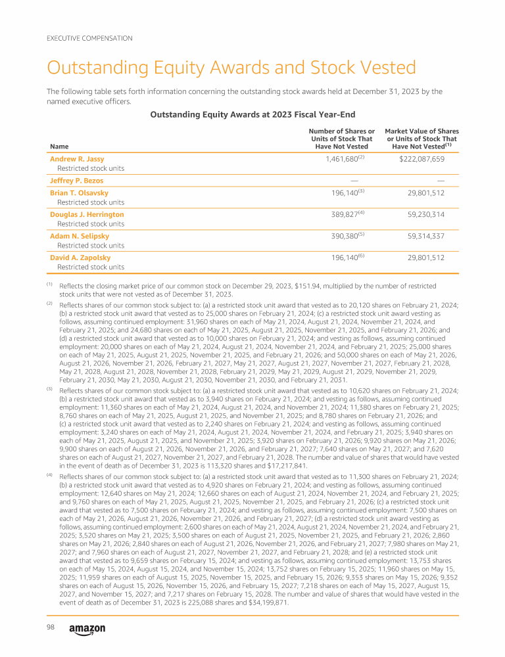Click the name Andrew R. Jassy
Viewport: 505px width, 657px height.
pyautogui.click(x=77, y=159)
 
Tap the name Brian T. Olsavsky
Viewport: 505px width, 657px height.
pyautogui.click(x=80, y=193)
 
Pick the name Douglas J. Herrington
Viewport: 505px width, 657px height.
pyautogui.click(x=87, y=214)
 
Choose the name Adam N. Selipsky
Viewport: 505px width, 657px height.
pyautogui.click(x=79, y=235)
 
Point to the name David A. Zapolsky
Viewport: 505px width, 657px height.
pyautogui.click(x=80, y=257)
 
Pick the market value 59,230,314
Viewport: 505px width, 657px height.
pyautogui.click(x=427, y=214)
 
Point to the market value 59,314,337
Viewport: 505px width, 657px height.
pyautogui.click(x=427, y=235)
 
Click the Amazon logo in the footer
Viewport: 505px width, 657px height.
pyautogui.click(x=87, y=628)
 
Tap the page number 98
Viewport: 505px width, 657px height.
pyautogui.click(x=50, y=627)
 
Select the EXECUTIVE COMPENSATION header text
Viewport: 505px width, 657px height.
pyautogui.click(x=89, y=38)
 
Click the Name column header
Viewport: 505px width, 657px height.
pyautogui.click(x=59, y=147)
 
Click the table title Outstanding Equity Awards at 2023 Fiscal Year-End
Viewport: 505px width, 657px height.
pyautogui.click(x=252, y=114)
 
